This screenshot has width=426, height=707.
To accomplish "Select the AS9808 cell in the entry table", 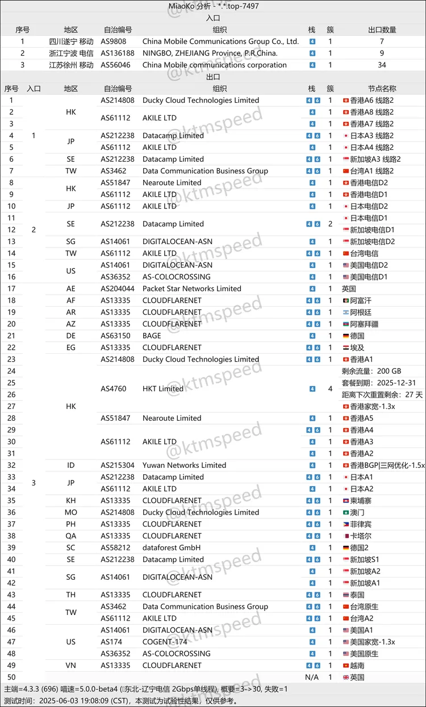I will (114, 41).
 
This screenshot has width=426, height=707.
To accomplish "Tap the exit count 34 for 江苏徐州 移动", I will (382, 65).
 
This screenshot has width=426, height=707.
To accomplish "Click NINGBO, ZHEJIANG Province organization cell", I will (210, 53).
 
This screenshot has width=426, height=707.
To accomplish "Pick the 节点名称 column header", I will (382, 89).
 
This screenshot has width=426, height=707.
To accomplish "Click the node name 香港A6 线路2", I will (375, 100).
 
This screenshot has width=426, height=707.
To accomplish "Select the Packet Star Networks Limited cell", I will (191, 288).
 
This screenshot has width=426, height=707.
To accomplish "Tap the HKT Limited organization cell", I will (163, 389).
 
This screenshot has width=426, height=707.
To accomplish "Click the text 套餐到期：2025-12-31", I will (379, 383).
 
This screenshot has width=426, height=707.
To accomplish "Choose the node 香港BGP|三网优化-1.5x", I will (383, 465).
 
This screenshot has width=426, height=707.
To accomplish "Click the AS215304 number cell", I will (118, 465).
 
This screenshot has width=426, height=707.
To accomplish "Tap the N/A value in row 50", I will (312, 677).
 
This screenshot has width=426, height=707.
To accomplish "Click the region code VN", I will (70, 666).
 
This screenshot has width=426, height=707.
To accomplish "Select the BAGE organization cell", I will (152, 336).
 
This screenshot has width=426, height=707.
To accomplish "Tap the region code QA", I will (70, 536).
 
